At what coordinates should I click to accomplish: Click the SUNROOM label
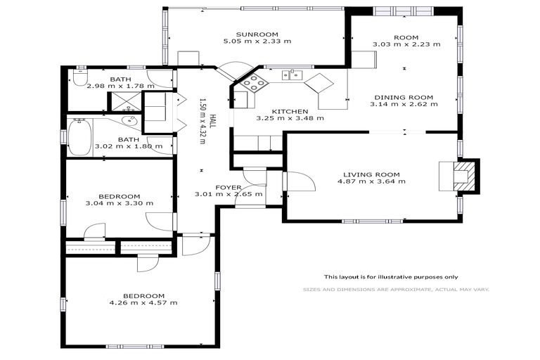257,34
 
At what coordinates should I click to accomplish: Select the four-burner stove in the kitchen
254,84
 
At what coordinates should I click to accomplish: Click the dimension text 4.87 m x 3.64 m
371,182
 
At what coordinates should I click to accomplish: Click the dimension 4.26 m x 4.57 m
143,303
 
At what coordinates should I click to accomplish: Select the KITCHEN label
290,111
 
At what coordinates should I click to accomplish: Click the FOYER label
229,187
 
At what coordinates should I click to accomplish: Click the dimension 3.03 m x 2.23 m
406,44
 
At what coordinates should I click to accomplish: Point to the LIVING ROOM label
371,174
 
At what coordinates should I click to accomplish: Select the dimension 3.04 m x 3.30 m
119,204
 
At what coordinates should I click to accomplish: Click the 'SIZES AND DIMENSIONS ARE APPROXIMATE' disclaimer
395,289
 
